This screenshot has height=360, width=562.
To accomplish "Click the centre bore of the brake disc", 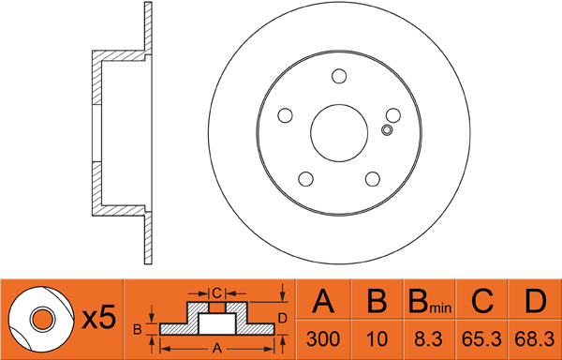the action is (x=339, y=133).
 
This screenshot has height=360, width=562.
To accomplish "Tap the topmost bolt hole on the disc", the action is (x=339, y=76).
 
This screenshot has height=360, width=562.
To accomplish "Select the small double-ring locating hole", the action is (x=387, y=129).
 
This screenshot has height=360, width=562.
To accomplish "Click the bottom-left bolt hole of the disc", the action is (x=305, y=178).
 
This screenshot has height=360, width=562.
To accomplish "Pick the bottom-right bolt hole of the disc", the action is (x=373, y=179).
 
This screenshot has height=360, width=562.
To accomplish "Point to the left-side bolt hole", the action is (x=286, y=115).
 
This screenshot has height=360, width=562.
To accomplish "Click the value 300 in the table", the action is (x=323, y=338).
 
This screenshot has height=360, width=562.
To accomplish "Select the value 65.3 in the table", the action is (x=481, y=338).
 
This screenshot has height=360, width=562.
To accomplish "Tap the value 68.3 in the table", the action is (x=535, y=338).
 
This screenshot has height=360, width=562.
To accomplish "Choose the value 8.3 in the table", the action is (x=429, y=338).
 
